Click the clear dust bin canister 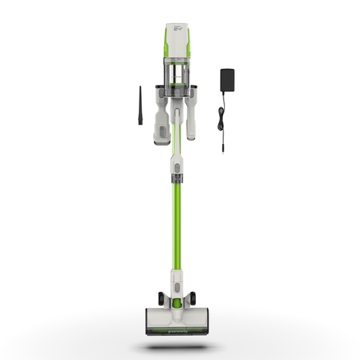[x=177, y=74]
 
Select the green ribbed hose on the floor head [x=178, y=303]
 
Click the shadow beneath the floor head [x=177, y=346]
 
